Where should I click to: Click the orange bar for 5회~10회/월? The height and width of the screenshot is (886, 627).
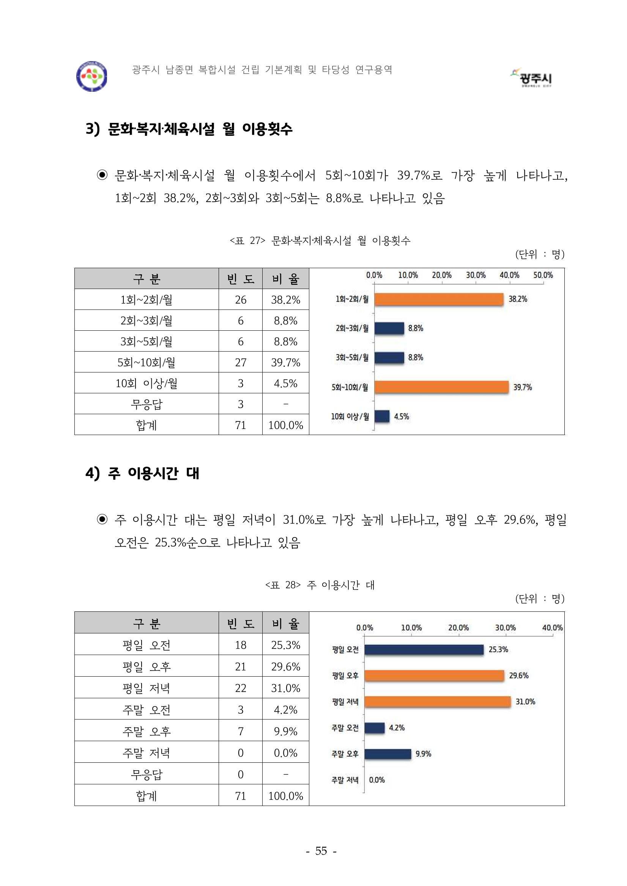(441, 386)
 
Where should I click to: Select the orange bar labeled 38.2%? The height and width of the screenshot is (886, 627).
(439, 299)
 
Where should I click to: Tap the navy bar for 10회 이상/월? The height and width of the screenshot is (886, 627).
(382, 416)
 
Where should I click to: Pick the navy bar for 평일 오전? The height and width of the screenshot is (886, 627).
(424, 649)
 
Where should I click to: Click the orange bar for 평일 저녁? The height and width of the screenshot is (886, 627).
(438, 702)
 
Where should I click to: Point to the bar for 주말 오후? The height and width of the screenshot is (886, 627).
(388, 754)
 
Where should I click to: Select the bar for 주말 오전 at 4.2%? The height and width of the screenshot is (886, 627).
(375, 728)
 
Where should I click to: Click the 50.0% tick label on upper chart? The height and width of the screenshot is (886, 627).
(543, 275)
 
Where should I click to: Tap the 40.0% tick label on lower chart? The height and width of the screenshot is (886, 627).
(552, 628)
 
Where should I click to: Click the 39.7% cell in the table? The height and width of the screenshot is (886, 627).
(285, 362)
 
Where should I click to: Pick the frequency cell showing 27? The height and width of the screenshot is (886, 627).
(241, 362)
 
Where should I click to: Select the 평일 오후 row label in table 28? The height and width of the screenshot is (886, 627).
(147, 666)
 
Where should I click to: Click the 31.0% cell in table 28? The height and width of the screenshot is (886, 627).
(285, 688)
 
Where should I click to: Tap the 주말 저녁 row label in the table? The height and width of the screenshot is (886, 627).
(147, 753)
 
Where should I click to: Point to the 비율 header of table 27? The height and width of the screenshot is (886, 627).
(285, 279)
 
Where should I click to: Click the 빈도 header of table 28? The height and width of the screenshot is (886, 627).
(241, 623)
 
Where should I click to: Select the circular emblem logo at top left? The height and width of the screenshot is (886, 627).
(91, 76)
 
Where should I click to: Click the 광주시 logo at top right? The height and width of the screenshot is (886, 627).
(533, 78)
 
